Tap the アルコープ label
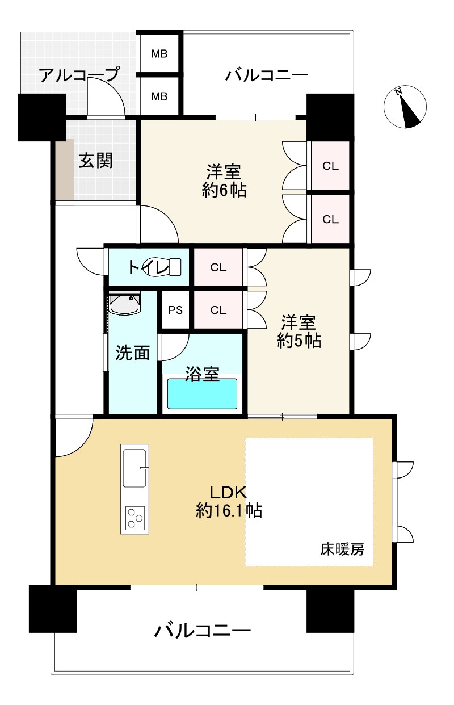click(x=79, y=74)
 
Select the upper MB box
click(x=159, y=54)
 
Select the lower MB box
click(x=159, y=96)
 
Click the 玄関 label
click(x=95, y=161)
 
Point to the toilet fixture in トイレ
click(x=164, y=266)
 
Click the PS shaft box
click(x=175, y=310)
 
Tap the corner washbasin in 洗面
click(x=124, y=304)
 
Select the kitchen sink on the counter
click(x=134, y=467)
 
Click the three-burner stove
click(x=134, y=518)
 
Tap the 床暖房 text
click(x=342, y=549)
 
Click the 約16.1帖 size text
click(x=229, y=511)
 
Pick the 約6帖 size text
click(x=224, y=190)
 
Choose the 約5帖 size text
click(x=299, y=340)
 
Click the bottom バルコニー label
click(x=203, y=631)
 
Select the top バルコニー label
click(x=266, y=75)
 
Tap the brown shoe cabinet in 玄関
click(x=65, y=170)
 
